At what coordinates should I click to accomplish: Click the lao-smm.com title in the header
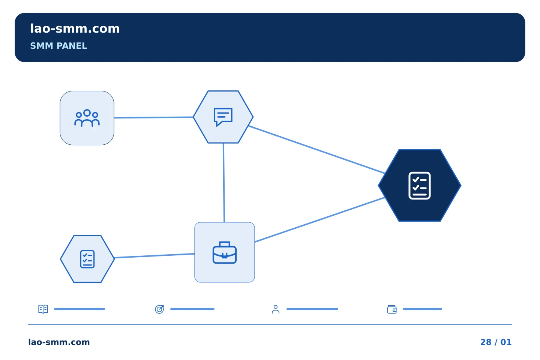tap(75, 28)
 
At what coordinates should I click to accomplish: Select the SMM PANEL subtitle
tap(58, 46)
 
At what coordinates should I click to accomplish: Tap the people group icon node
tap(87, 118)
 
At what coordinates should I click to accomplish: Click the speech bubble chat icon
tap(223, 117)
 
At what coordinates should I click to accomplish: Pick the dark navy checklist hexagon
tap(420, 185)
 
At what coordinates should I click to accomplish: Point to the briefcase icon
tap(224, 252)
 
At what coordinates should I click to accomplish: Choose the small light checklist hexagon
tap(87, 259)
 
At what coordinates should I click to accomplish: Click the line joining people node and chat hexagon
tap(154, 117)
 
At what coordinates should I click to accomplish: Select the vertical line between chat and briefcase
tap(224, 183)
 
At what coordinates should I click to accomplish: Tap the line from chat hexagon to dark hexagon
tap(316, 150)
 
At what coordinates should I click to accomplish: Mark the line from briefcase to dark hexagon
tap(319, 220)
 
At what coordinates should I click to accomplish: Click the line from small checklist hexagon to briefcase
tap(154, 256)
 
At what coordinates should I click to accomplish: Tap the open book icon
tap(43, 309)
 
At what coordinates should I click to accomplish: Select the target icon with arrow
tap(159, 309)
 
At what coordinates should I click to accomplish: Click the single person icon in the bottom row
tap(276, 309)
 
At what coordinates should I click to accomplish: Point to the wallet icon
tap(392, 309)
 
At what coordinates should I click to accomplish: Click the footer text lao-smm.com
tap(59, 342)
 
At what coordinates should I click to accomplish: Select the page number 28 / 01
tap(496, 342)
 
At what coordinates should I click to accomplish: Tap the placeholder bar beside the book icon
tap(79, 309)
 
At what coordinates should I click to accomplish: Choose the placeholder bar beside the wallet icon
tap(422, 309)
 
